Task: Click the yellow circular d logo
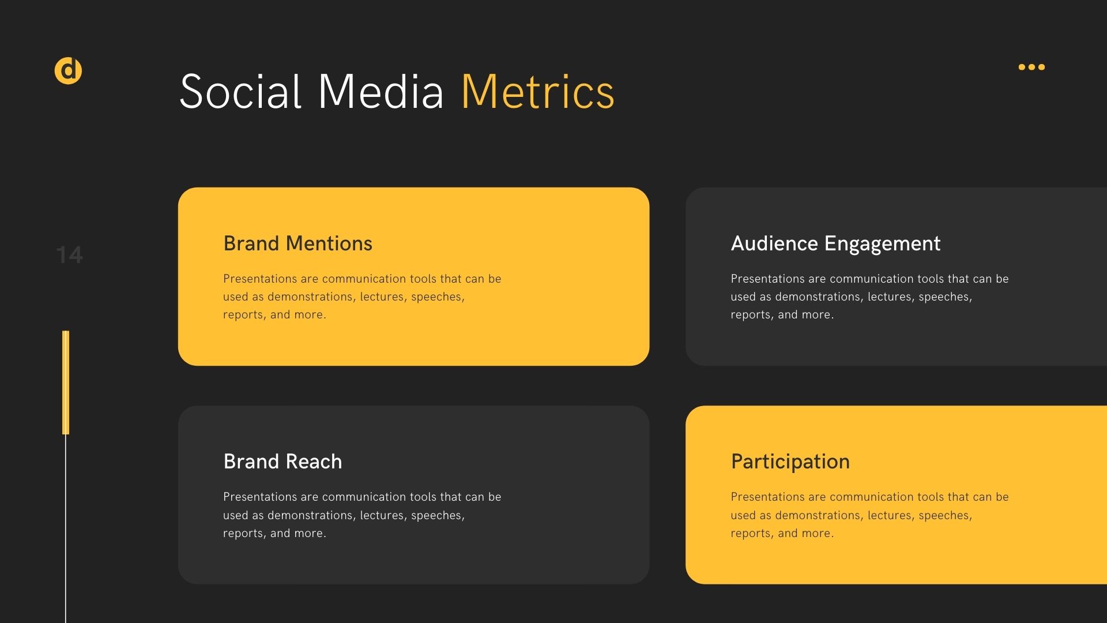[x=68, y=71]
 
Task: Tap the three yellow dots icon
[x=1031, y=67]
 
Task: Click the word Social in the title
[x=240, y=92]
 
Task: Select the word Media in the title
[x=381, y=92]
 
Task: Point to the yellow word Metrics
[x=538, y=92]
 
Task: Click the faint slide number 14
[x=70, y=255]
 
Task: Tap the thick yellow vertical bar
[x=66, y=382]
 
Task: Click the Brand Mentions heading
[x=298, y=243]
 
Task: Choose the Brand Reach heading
[x=283, y=461]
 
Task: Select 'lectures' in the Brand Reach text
[x=382, y=516]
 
